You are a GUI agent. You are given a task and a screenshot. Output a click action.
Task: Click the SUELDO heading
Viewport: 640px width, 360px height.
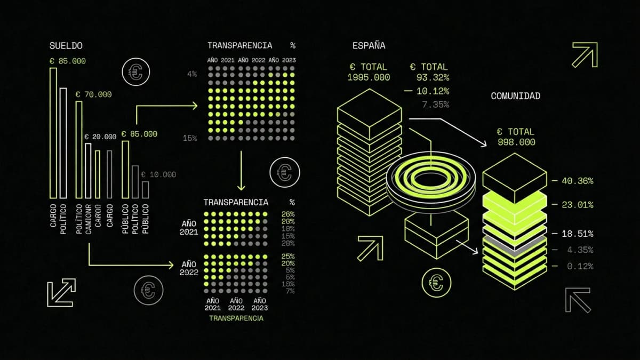coord(66,46)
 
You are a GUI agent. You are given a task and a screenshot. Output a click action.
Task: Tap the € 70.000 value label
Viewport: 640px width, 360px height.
coord(93,94)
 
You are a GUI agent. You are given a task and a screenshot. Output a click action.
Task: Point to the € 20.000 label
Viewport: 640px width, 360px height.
coord(100,137)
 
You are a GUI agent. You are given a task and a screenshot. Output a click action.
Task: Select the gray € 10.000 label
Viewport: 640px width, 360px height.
coord(158,174)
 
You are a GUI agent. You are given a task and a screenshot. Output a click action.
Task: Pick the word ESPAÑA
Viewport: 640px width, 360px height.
coord(369,46)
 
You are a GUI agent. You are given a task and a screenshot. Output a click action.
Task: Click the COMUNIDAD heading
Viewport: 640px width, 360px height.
coord(515,96)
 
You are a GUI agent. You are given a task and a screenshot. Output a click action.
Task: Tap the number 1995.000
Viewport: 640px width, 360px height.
coord(369,77)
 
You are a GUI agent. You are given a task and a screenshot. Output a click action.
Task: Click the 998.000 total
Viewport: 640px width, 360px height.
coord(516,142)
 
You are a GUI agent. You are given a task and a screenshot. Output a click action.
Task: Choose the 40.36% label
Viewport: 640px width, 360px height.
coord(577,181)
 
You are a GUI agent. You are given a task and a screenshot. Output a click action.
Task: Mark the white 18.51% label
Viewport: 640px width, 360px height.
coord(577,234)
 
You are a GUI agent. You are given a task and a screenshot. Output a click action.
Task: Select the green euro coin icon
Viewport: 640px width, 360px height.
coord(436,282)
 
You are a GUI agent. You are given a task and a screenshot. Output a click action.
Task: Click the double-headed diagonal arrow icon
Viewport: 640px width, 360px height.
coord(61,293)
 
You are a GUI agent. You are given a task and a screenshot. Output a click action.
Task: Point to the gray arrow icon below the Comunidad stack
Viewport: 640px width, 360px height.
coord(578,300)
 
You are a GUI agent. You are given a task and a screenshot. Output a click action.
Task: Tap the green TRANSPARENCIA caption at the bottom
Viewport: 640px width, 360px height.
coord(236,318)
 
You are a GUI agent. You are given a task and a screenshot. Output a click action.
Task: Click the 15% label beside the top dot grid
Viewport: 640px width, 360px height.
coord(190,138)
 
